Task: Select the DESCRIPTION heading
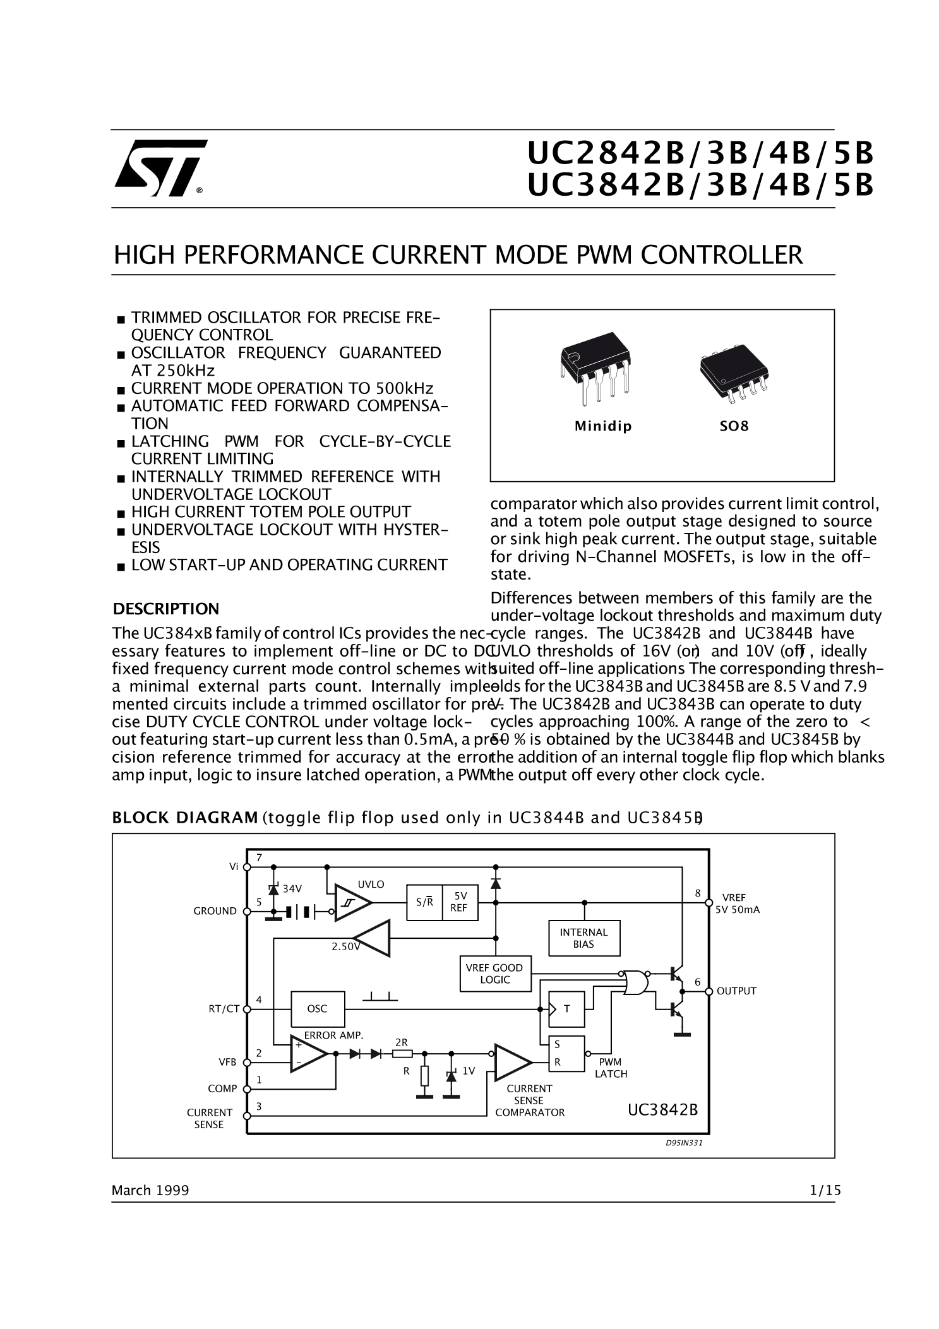click(165, 609)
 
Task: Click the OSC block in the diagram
click(317, 1009)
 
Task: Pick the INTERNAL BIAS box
click(583, 938)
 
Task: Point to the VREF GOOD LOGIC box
click(494, 974)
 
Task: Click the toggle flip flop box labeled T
click(566, 1009)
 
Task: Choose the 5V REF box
click(460, 902)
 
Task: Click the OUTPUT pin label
click(736, 991)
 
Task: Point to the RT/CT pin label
click(224, 1009)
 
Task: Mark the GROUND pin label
click(215, 911)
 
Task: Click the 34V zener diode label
click(292, 889)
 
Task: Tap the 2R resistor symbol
click(402, 1053)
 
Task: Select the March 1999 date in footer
click(150, 1191)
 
